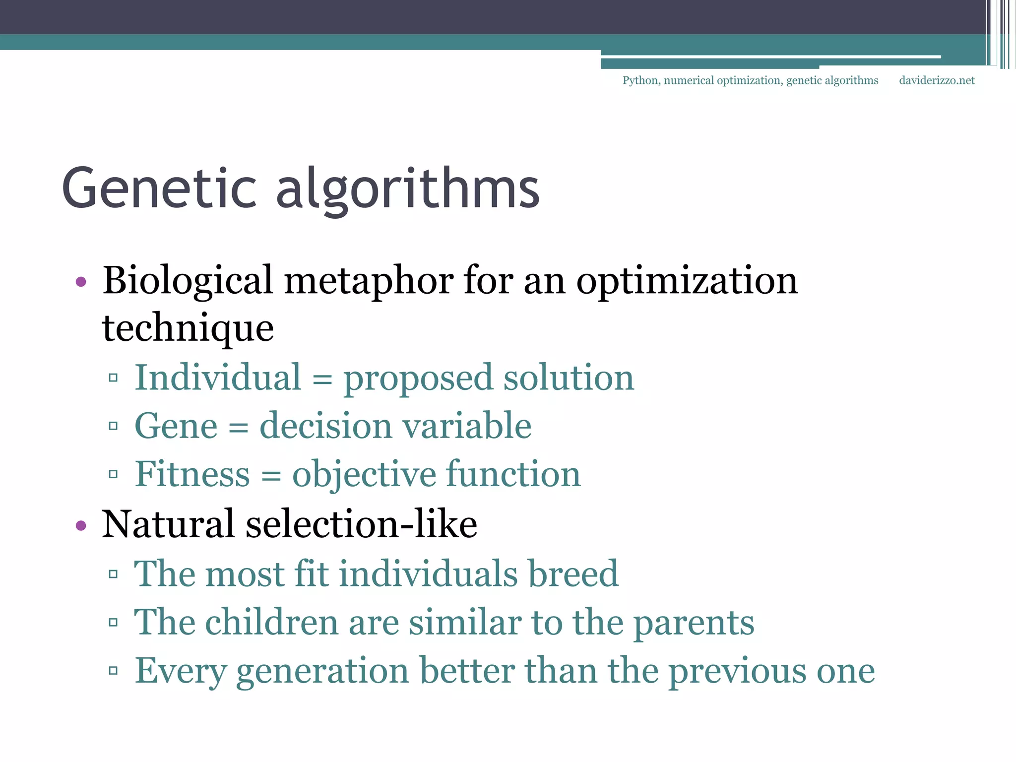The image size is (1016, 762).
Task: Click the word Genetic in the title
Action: [159, 189]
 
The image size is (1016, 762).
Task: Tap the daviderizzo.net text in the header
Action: [937, 80]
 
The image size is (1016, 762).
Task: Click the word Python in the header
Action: [640, 80]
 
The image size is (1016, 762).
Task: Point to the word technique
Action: [188, 328]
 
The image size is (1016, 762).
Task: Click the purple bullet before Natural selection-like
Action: [81, 525]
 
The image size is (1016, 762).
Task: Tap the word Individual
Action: [218, 378]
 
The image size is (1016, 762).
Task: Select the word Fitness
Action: [192, 474]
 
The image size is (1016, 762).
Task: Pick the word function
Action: [513, 474]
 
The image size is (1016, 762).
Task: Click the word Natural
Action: [168, 525]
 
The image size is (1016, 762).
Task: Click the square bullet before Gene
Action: [113, 426]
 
